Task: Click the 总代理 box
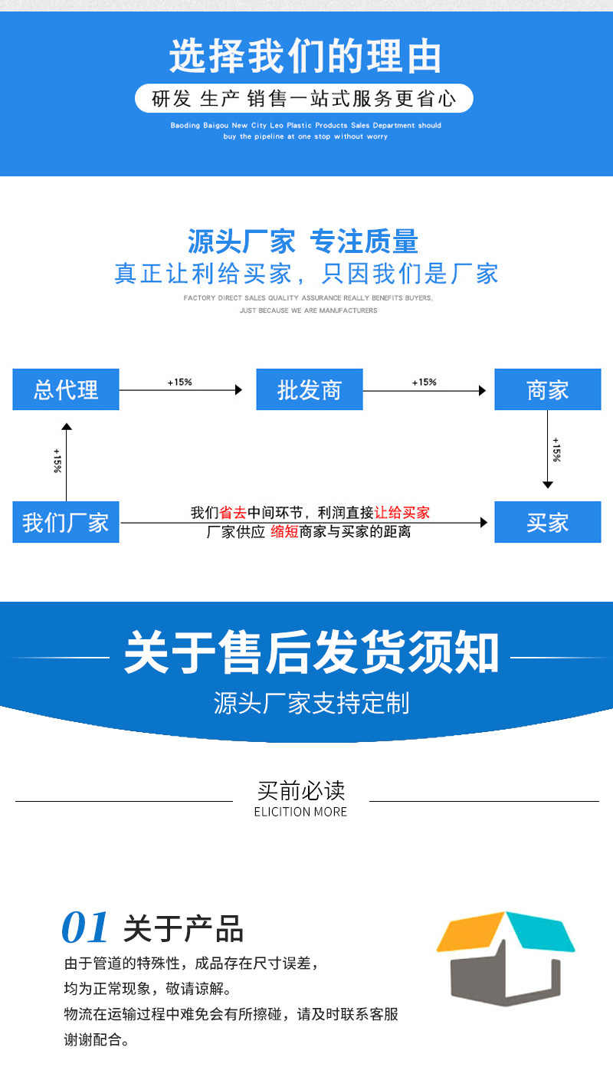coord(66,389)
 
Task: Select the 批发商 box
coord(309,389)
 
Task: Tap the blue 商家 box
coord(547,389)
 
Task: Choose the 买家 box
coord(547,523)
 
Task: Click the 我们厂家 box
coord(66,523)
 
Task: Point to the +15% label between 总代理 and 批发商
coord(179,382)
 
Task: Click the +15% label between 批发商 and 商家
coord(424,382)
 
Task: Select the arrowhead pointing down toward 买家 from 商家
coord(547,484)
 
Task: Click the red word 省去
coord(233,513)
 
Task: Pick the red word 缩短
coord(284,531)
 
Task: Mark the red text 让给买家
coord(402,513)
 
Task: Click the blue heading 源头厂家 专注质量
coord(303,241)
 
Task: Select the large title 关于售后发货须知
coord(310,654)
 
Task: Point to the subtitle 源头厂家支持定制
coord(310,703)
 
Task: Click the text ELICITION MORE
coord(300,812)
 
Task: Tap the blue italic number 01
coord(85,928)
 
